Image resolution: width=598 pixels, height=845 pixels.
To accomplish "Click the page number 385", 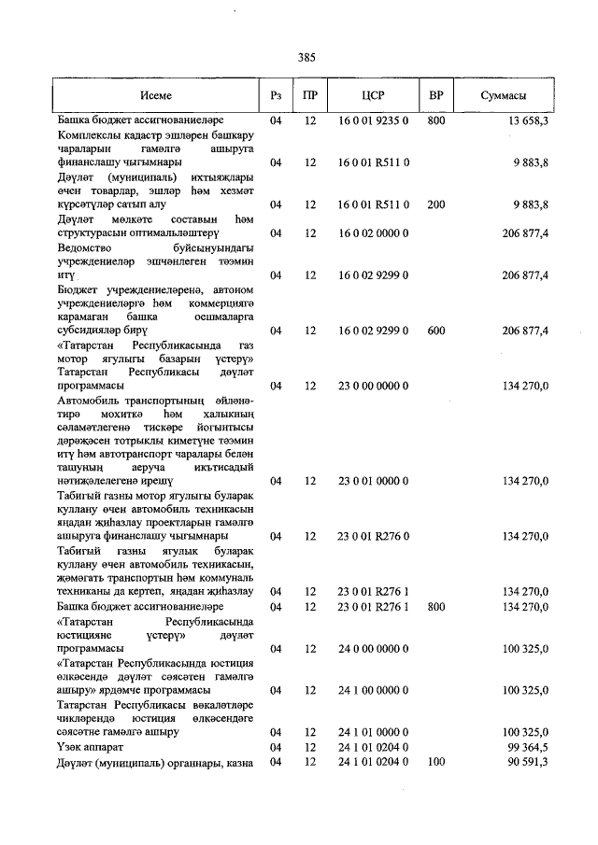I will pos(306,58).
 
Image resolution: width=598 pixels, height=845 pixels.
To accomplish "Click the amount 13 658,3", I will pos(529,121).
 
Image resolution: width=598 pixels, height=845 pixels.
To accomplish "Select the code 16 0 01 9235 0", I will pos(374,121).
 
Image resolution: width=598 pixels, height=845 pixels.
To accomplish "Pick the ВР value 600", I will pos(435,331).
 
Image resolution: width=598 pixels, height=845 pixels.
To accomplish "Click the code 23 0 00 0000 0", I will pos(374,385).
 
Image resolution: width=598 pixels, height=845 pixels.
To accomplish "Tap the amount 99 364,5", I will pos(529,747).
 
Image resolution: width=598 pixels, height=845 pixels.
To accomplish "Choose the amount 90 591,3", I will pos(529,763).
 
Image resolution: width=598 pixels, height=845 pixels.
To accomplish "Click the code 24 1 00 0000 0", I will pos(374,690).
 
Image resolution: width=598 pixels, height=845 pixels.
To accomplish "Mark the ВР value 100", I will pos(435,763).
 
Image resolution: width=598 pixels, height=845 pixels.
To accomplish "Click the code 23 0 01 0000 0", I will pos(374,482).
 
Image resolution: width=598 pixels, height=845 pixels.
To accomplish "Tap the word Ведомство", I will pos(88,249).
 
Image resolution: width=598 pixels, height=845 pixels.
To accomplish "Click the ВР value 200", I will pos(435,204).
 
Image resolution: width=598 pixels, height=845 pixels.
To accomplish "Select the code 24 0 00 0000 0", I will pos(374,648).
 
